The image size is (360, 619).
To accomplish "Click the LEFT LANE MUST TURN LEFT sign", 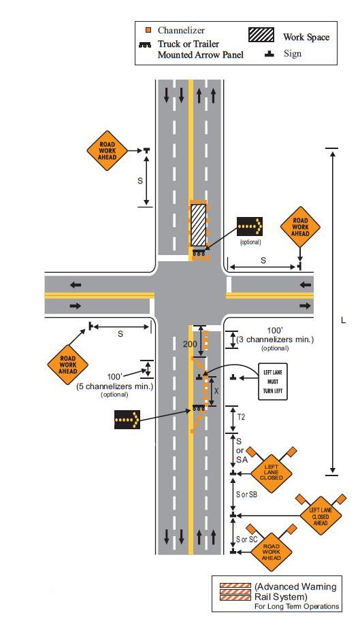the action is click(x=273, y=382).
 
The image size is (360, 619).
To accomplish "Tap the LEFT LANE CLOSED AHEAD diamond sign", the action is click(x=320, y=516).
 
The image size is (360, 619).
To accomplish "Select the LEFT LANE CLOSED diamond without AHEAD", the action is click(x=271, y=473).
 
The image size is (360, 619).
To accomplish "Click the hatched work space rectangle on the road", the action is click(x=199, y=224).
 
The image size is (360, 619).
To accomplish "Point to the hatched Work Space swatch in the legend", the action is click(x=261, y=35).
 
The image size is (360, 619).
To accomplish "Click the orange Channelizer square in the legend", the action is click(x=148, y=30).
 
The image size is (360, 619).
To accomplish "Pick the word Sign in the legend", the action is click(x=293, y=53).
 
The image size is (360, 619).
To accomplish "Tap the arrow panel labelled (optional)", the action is click(x=250, y=227).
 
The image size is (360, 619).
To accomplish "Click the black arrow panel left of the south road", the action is click(x=127, y=419).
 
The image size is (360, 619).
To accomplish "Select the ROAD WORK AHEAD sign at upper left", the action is click(x=107, y=151).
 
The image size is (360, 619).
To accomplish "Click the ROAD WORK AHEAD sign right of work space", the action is click(x=300, y=227).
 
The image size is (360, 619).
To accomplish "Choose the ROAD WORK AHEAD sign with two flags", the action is click(x=271, y=552).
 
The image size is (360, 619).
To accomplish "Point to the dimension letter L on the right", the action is click(x=343, y=320).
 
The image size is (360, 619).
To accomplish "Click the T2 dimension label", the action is click(x=241, y=416).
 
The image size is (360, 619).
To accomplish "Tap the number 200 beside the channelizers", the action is click(x=190, y=344).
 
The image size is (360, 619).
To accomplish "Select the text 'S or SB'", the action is click(x=247, y=495).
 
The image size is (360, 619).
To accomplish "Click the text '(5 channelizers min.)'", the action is click(x=114, y=386).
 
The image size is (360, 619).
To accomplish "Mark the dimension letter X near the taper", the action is click(x=216, y=391).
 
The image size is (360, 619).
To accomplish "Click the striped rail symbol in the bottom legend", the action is click(x=235, y=592).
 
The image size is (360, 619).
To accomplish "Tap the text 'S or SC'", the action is click(x=247, y=539).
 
